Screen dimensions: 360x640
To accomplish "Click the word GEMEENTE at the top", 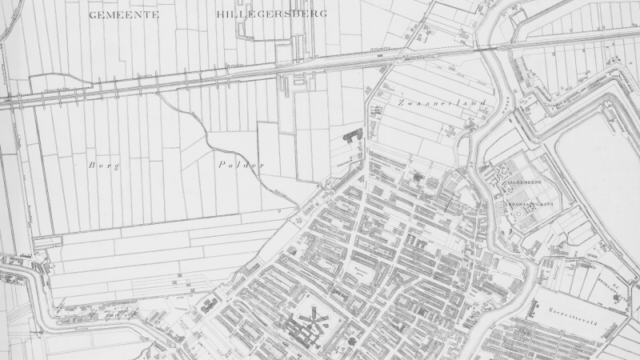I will pyautogui.click(x=124, y=14).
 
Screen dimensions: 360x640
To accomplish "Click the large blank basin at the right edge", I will pyautogui.click(x=600, y=160).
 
